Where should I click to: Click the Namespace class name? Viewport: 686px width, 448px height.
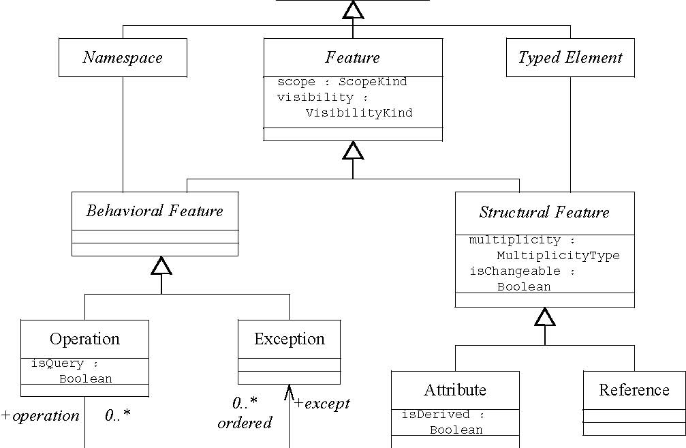coord(123,57)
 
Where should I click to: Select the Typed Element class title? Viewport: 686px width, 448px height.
coord(570,57)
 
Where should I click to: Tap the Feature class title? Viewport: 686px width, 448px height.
coord(352,57)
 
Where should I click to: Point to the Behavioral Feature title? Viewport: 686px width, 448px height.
coord(155,211)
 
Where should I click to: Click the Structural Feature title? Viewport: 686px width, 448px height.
coord(544,212)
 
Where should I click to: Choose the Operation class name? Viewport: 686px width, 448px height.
coord(84,339)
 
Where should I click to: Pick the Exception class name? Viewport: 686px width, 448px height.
coord(289,339)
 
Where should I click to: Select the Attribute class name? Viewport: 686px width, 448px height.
coord(455,390)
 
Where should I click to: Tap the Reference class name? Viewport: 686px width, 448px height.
coord(634,390)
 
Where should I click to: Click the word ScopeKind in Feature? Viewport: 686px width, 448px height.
coord(373,82)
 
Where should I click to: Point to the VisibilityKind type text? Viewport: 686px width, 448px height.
coord(359,113)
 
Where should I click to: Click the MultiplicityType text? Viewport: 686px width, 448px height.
coord(558,256)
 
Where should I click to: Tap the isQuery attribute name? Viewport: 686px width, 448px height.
coord(56,363)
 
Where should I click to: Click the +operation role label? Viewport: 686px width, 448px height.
coord(40,416)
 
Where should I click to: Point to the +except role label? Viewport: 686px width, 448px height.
coord(322,403)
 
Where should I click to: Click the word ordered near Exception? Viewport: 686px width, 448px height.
coord(245,423)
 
